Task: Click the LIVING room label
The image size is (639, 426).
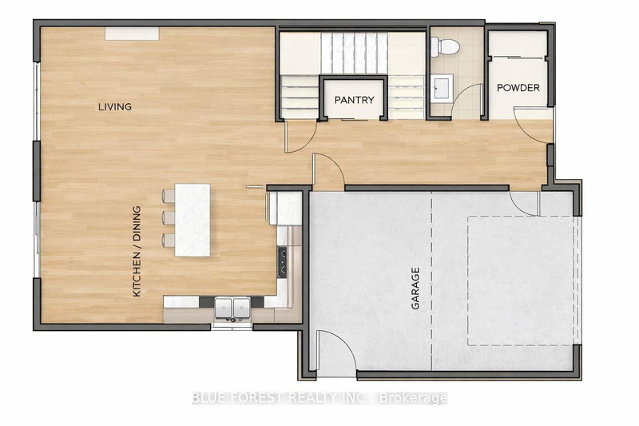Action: pos(115,107)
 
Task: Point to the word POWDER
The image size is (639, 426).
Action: pos(518,88)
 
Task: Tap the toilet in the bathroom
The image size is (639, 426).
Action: pos(445,46)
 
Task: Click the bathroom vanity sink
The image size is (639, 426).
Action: pos(441,87)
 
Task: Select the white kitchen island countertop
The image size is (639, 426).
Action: pos(192,220)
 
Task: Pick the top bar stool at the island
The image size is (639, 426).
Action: pos(168,195)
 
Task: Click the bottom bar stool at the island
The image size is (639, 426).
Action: pos(168,240)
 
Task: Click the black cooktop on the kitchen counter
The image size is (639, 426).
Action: pos(283,261)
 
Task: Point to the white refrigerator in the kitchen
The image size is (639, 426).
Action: pos(284,208)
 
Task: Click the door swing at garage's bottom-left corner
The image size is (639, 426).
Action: pos(327,352)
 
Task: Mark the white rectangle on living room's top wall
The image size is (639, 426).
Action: pos(132,33)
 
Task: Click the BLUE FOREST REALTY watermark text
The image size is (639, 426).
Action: pos(319,397)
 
